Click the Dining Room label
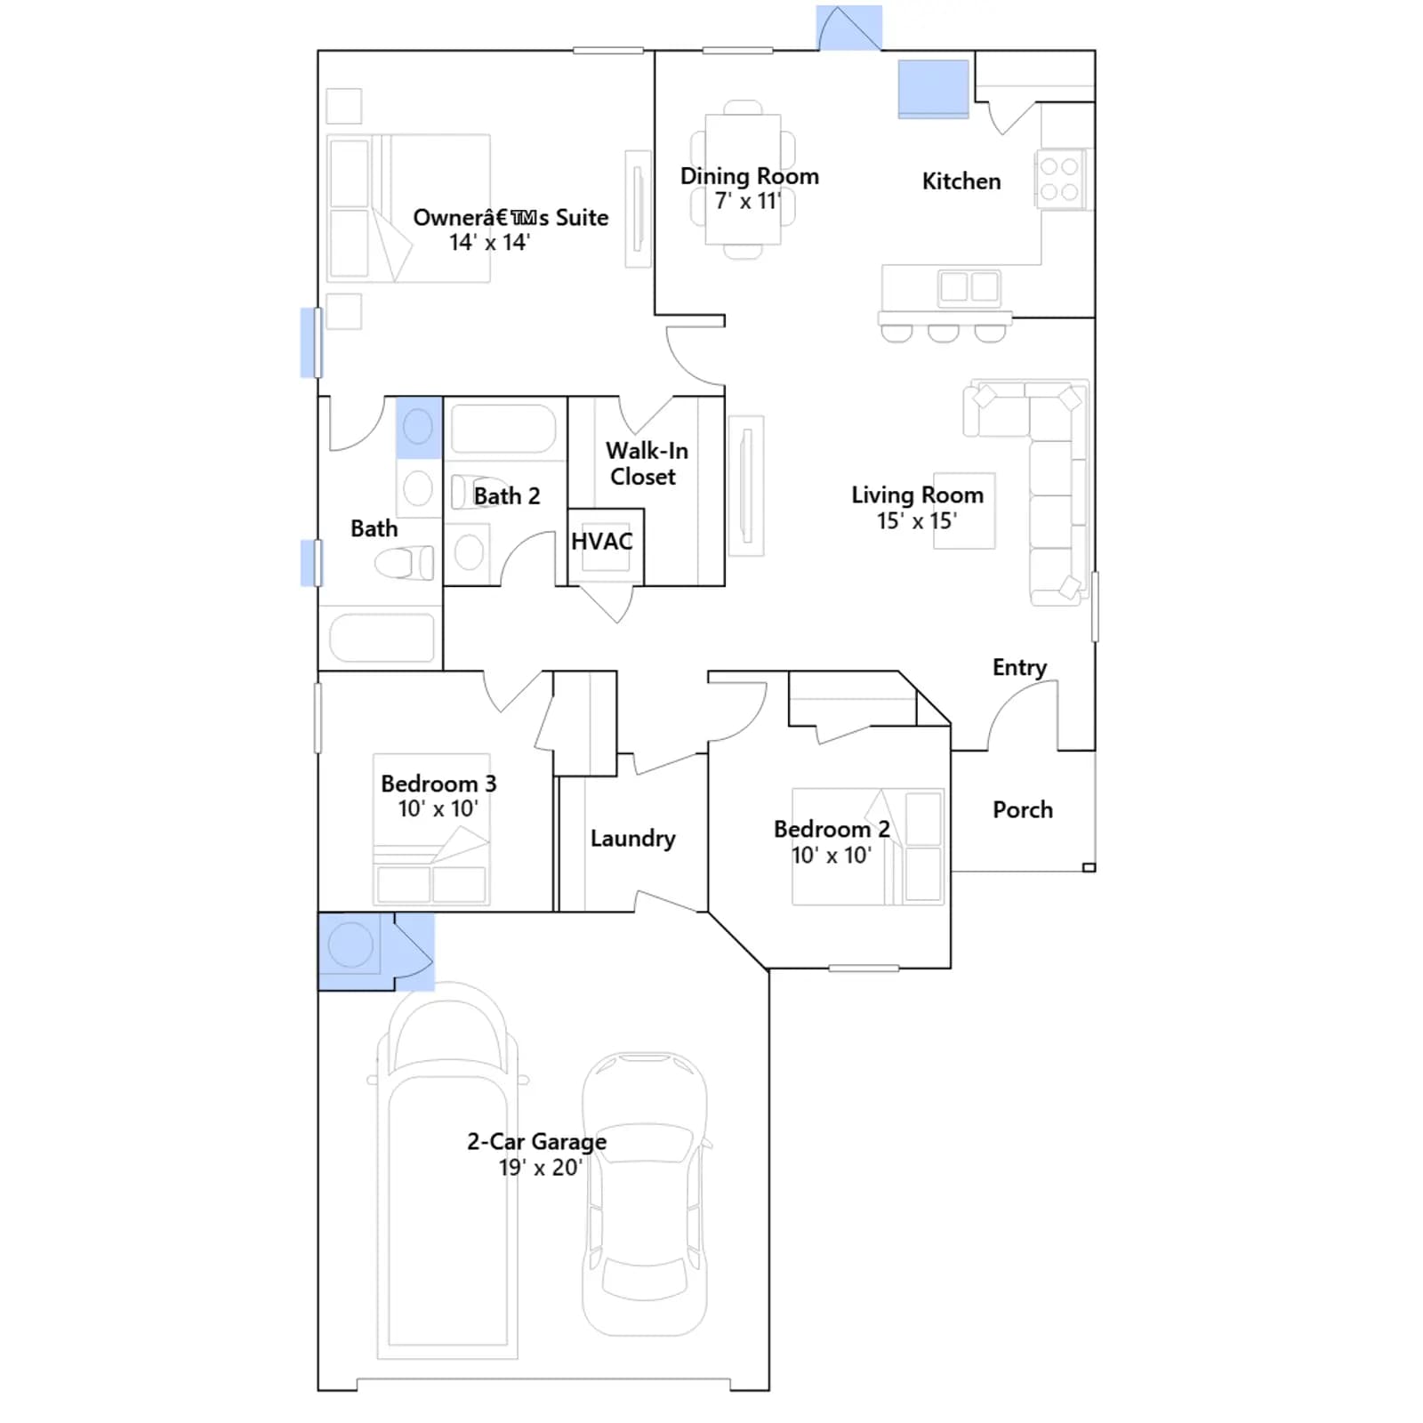(x=749, y=176)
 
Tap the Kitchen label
(x=961, y=181)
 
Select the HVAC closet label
(x=602, y=542)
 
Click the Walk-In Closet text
(x=647, y=463)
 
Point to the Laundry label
(x=633, y=839)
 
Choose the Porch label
(x=1023, y=809)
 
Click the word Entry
(x=1019, y=668)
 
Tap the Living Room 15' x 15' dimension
(x=917, y=521)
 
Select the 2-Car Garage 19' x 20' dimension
(x=540, y=1168)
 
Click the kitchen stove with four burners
(x=1060, y=179)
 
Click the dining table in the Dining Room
(x=743, y=179)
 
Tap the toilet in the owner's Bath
(x=404, y=563)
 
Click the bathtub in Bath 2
(x=504, y=429)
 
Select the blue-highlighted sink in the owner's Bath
(x=419, y=428)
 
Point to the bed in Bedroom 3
(x=431, y=830)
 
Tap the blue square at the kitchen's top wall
(x=933, y=88)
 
